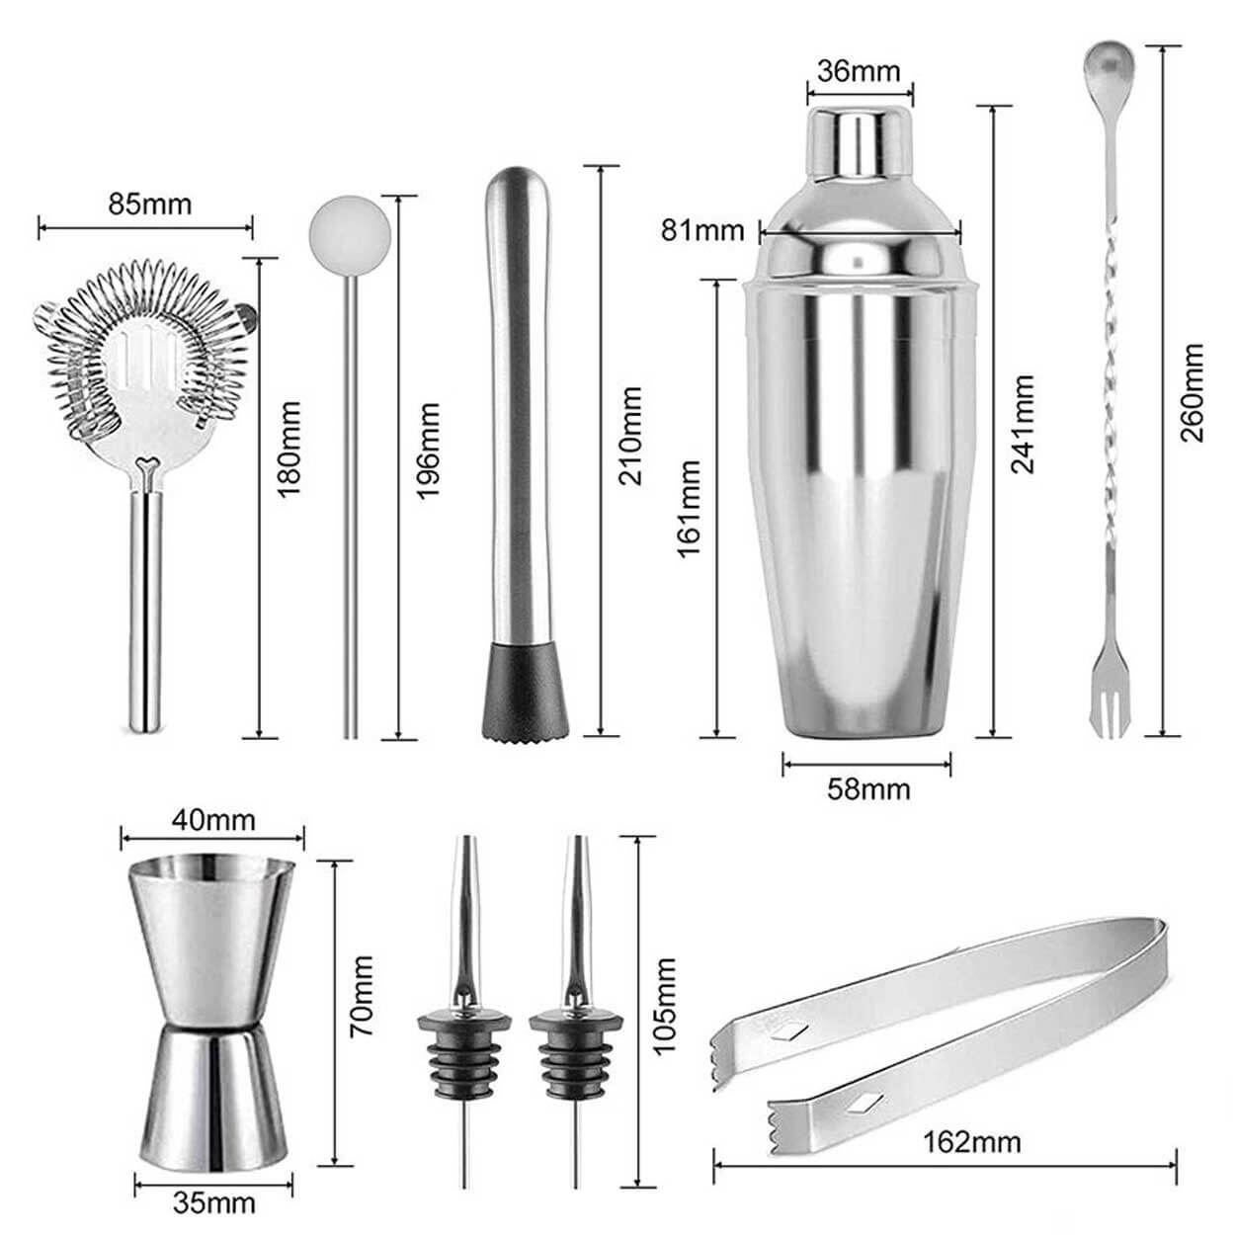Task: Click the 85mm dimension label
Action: (x=150, y=205)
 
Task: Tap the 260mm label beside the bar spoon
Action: (x=1193, y=392)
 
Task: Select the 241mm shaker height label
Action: (x=1023, y=424)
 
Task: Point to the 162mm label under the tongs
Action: (x=971, y=1141)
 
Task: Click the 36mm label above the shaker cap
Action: (x=859, y=70)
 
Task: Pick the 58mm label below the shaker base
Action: (x=868, y=789)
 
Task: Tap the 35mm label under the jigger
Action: (x=214, y=1203)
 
